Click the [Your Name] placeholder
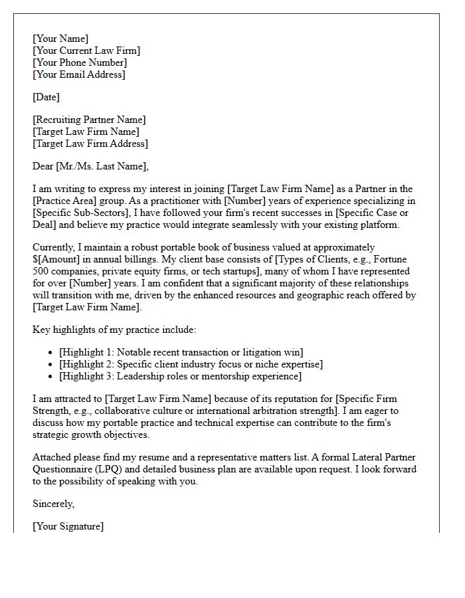[x=60, y=39]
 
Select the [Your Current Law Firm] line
[x=86, y=50]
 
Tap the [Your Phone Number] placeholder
[x=80, y=62]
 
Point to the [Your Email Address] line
[x=78, y=74]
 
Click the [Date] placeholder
[x=46, y=97]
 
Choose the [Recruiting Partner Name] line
[x=89, y=120]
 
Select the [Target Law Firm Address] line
[x=90, y=144]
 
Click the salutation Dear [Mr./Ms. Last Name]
[x=91, y=166]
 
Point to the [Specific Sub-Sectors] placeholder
[x=72, y=213]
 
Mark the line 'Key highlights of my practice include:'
[x=114, y=329]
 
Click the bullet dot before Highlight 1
[x=51, y=352]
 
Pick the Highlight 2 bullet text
[x=191, y=364]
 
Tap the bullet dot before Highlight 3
[x=51, y=376]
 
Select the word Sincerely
[x=53, y=504]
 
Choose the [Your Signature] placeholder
[x=68, y=526]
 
